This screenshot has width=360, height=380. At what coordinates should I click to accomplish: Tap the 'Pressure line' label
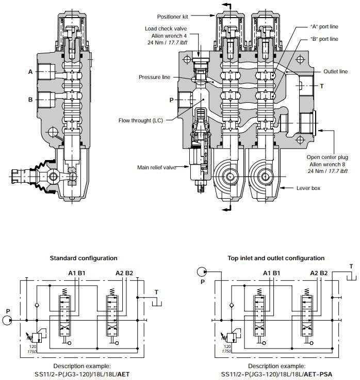coord(154,77)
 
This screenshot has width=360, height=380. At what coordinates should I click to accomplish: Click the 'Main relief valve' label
coord(157,167)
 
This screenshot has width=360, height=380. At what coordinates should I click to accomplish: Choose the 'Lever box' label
coord(308,188)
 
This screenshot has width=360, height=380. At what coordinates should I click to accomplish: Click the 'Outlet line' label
coord(335,72)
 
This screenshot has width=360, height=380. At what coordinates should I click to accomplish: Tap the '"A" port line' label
coord(324,26)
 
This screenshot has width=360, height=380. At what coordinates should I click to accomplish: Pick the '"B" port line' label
coord(324,39)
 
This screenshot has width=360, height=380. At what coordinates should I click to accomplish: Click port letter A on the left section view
coord(30,72)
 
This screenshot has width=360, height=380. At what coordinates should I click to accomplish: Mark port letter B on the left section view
coord(30,99)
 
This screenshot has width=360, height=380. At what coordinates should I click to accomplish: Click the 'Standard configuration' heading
coord(84,258)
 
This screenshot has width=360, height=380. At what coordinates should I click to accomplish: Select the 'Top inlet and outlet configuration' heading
coord(276,258)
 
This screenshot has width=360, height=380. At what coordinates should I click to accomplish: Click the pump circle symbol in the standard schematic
coord(8,321)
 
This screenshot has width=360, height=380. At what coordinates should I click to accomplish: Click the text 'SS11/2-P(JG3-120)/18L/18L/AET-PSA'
coord(276,373)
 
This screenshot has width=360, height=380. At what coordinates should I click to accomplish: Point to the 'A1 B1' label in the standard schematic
coord(76,273)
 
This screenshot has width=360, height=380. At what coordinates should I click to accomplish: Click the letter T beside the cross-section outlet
coord(321,86)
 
